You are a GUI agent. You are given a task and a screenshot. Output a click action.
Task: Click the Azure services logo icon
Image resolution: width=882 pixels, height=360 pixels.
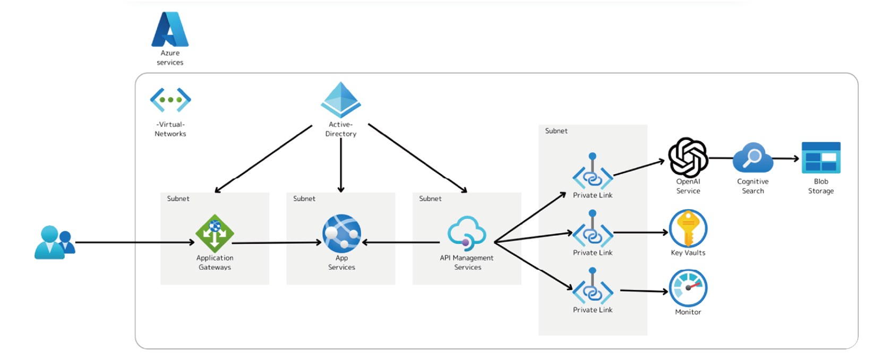(170, 29)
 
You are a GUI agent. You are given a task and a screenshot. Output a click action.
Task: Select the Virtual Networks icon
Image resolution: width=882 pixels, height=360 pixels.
(170, 100)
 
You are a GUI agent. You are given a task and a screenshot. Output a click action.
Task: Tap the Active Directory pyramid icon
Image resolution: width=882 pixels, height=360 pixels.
(341, 100)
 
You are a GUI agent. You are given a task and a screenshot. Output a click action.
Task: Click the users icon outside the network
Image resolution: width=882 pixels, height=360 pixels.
(54, 243)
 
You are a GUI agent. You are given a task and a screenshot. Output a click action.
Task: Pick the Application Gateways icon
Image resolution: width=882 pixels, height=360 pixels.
(215, 233)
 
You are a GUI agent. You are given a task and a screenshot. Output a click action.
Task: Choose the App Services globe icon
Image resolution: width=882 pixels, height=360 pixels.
(341, 233)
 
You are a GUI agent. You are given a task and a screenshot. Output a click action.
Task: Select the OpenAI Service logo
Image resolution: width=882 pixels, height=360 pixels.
(688, 157)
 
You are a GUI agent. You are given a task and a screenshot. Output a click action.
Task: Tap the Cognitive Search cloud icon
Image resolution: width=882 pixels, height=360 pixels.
(752, 158)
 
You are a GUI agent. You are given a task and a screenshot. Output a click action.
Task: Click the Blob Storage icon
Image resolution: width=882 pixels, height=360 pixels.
(821, 158)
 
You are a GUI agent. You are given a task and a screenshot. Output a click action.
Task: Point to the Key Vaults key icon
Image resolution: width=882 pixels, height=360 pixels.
(688, 228)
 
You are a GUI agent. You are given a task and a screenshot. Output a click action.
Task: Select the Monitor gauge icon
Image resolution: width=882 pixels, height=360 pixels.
(688, 288)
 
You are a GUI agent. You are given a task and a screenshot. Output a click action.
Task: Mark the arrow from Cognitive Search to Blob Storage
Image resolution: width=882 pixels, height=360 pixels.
(787, 158)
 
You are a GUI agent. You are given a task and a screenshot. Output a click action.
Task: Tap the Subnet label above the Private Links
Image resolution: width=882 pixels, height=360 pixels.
(556, 131)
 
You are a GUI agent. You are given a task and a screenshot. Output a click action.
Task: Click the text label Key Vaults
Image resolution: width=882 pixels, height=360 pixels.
(688, 253)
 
